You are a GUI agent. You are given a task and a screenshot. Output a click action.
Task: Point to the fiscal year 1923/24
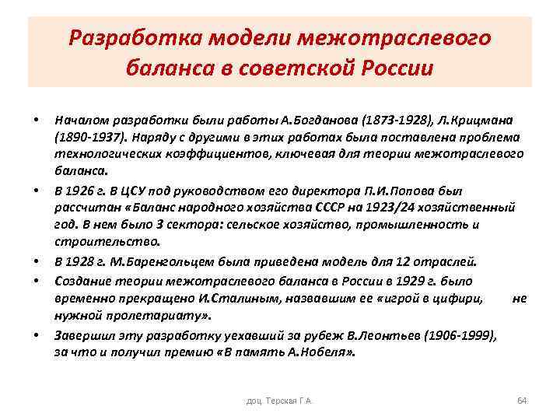click(375, 208)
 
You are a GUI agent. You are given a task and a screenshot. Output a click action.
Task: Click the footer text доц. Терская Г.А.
click(279, 401)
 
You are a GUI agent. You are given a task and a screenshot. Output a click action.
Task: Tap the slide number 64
click(521, 401)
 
